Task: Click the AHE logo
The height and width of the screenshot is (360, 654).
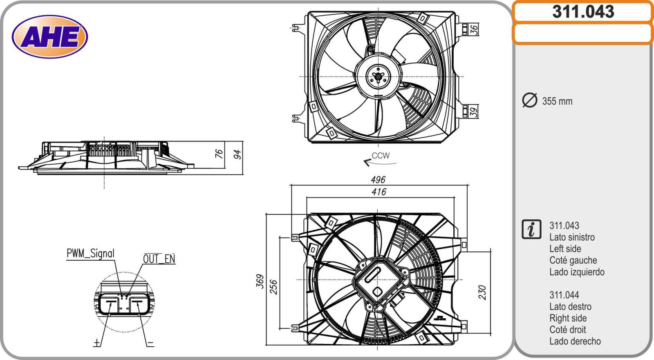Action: coord(50,37)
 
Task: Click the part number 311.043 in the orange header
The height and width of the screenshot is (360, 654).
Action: coord(583,12)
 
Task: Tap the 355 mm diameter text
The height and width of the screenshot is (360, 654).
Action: coord(557,101)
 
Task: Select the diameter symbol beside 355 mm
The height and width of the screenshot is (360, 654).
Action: coord(530,101)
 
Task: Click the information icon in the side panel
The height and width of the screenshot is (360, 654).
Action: coord(531,229)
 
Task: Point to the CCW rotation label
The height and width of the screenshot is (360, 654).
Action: coord(381,156)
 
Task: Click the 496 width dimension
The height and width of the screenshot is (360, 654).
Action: coord(378,180)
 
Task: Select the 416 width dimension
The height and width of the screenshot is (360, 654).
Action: coord(379,192)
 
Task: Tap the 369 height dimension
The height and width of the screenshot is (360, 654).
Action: coord(260,281)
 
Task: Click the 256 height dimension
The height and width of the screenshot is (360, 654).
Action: coord(273,287)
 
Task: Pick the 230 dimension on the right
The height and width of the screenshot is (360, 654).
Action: coord(482,293)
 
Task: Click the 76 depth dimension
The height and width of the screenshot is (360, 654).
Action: coord(219,154)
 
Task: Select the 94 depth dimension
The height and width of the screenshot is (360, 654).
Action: coord(237,154)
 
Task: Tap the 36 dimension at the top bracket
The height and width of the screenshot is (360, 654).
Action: coord(473,29)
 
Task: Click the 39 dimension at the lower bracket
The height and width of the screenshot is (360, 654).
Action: coord(473,112)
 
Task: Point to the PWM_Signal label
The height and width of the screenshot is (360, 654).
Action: coord(90,254)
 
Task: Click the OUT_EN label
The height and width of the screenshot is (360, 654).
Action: coord(159,259)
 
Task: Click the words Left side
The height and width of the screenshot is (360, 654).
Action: coord(565,249)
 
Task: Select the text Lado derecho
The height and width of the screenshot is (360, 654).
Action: coord(575,341)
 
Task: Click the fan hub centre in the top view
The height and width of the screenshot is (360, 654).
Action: coord(379,76)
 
